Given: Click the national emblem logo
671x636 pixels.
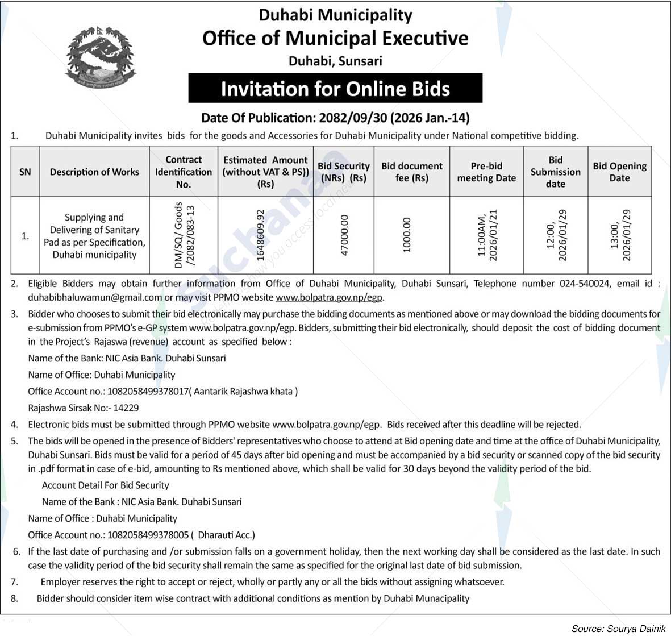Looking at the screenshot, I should pyautogui.click(x=101, y=57).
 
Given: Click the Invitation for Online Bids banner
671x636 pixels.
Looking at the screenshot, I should pyautogui.click(x=335, y=89).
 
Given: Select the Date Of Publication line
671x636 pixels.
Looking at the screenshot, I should pyautogui.click(x=335, y=118).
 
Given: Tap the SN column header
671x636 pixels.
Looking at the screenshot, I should pyautogui.click(x=25, y=172).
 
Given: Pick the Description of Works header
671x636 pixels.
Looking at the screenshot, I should pyautogui.click(x=94, y=172).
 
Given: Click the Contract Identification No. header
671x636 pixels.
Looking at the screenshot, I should pyautogui.click(x=184, y=172).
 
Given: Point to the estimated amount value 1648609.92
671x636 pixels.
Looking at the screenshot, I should pyautogui.click(x=261, y=235).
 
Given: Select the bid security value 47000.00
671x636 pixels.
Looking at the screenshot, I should pyautogui.click(x=344, y=235).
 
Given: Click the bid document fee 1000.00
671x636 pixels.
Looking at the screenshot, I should pyautogui.click(x=406, y=235).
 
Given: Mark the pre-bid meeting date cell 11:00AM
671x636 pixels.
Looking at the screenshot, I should pyautogui.click(x=487, y=235).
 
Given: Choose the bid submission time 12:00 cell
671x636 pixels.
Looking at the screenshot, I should pyautogui.click(x=556, y=235).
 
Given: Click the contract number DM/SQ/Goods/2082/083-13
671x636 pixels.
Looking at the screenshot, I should pyautogui.click(x=184, y=235).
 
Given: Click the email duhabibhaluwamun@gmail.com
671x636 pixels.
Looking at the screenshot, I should pyautogui.click(x=95, y=297).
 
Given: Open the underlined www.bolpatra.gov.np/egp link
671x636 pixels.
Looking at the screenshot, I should pyautogui.click(x=329, y=297).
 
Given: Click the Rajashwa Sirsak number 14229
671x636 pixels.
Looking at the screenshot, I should pyautogui.click(x=126, y=408).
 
